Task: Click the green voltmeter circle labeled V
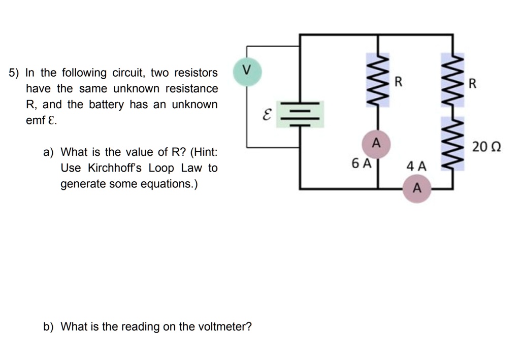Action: pyautogui.click(x=247, y=70)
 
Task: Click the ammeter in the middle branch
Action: pyautogui.click(x=376, y=142)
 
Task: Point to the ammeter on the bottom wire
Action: pyautogui.click(x=417, y=188)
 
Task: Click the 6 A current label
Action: pyautogui.click(x=362, y=163)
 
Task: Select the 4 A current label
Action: pyautogui.click(x=417, y=166)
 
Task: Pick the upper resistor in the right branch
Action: pyautogui.click(x=453, y=81)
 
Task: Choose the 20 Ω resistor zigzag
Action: pyautogui.click(x=453, y=145)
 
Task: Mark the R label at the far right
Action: pyautogui.click(x=472, y=84)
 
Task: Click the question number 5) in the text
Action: pyautogui.click(x=14, y=73)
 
